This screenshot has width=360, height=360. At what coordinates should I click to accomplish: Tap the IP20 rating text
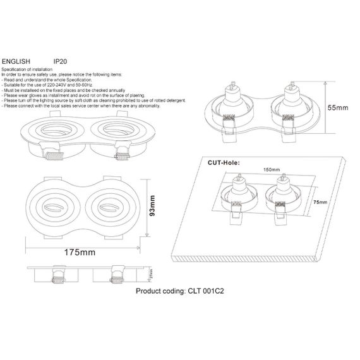click(x=61, y=62)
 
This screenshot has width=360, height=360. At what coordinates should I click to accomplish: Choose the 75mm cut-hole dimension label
click(x=320, y=201)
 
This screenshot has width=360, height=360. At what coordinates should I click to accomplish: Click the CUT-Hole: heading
click(x=225, y=162)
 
